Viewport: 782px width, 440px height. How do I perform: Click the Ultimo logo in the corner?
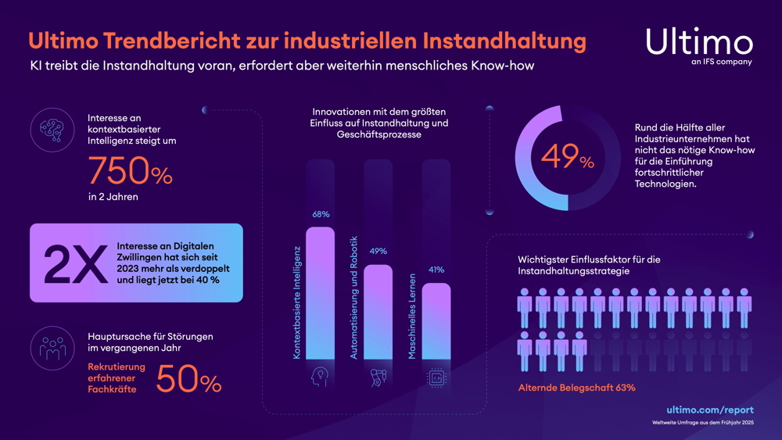coord(699,44)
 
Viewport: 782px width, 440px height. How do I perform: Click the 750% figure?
coord(130,171)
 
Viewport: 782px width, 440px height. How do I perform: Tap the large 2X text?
coord(75,263)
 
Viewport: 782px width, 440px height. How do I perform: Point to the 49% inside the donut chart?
coord(568,159)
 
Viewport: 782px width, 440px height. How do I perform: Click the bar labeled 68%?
coord(320,293)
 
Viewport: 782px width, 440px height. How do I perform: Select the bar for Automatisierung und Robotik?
coord(378,313)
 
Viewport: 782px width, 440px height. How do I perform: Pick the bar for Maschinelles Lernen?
coord(436,321)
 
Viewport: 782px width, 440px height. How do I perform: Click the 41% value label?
coord(436,270)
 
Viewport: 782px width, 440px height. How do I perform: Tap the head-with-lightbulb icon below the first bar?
coord(320,377)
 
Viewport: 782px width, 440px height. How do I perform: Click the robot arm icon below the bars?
coord(378,377)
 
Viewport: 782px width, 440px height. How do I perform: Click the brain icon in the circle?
coord(52,130)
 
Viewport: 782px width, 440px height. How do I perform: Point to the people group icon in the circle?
coord(52,349)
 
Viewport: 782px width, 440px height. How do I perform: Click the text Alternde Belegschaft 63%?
coord(576,388)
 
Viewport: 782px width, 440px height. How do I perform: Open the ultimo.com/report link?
coord(710,410)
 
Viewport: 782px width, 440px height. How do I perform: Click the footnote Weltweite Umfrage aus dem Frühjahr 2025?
coord(703,423)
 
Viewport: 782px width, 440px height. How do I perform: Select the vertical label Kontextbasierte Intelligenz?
coord(297,301)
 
